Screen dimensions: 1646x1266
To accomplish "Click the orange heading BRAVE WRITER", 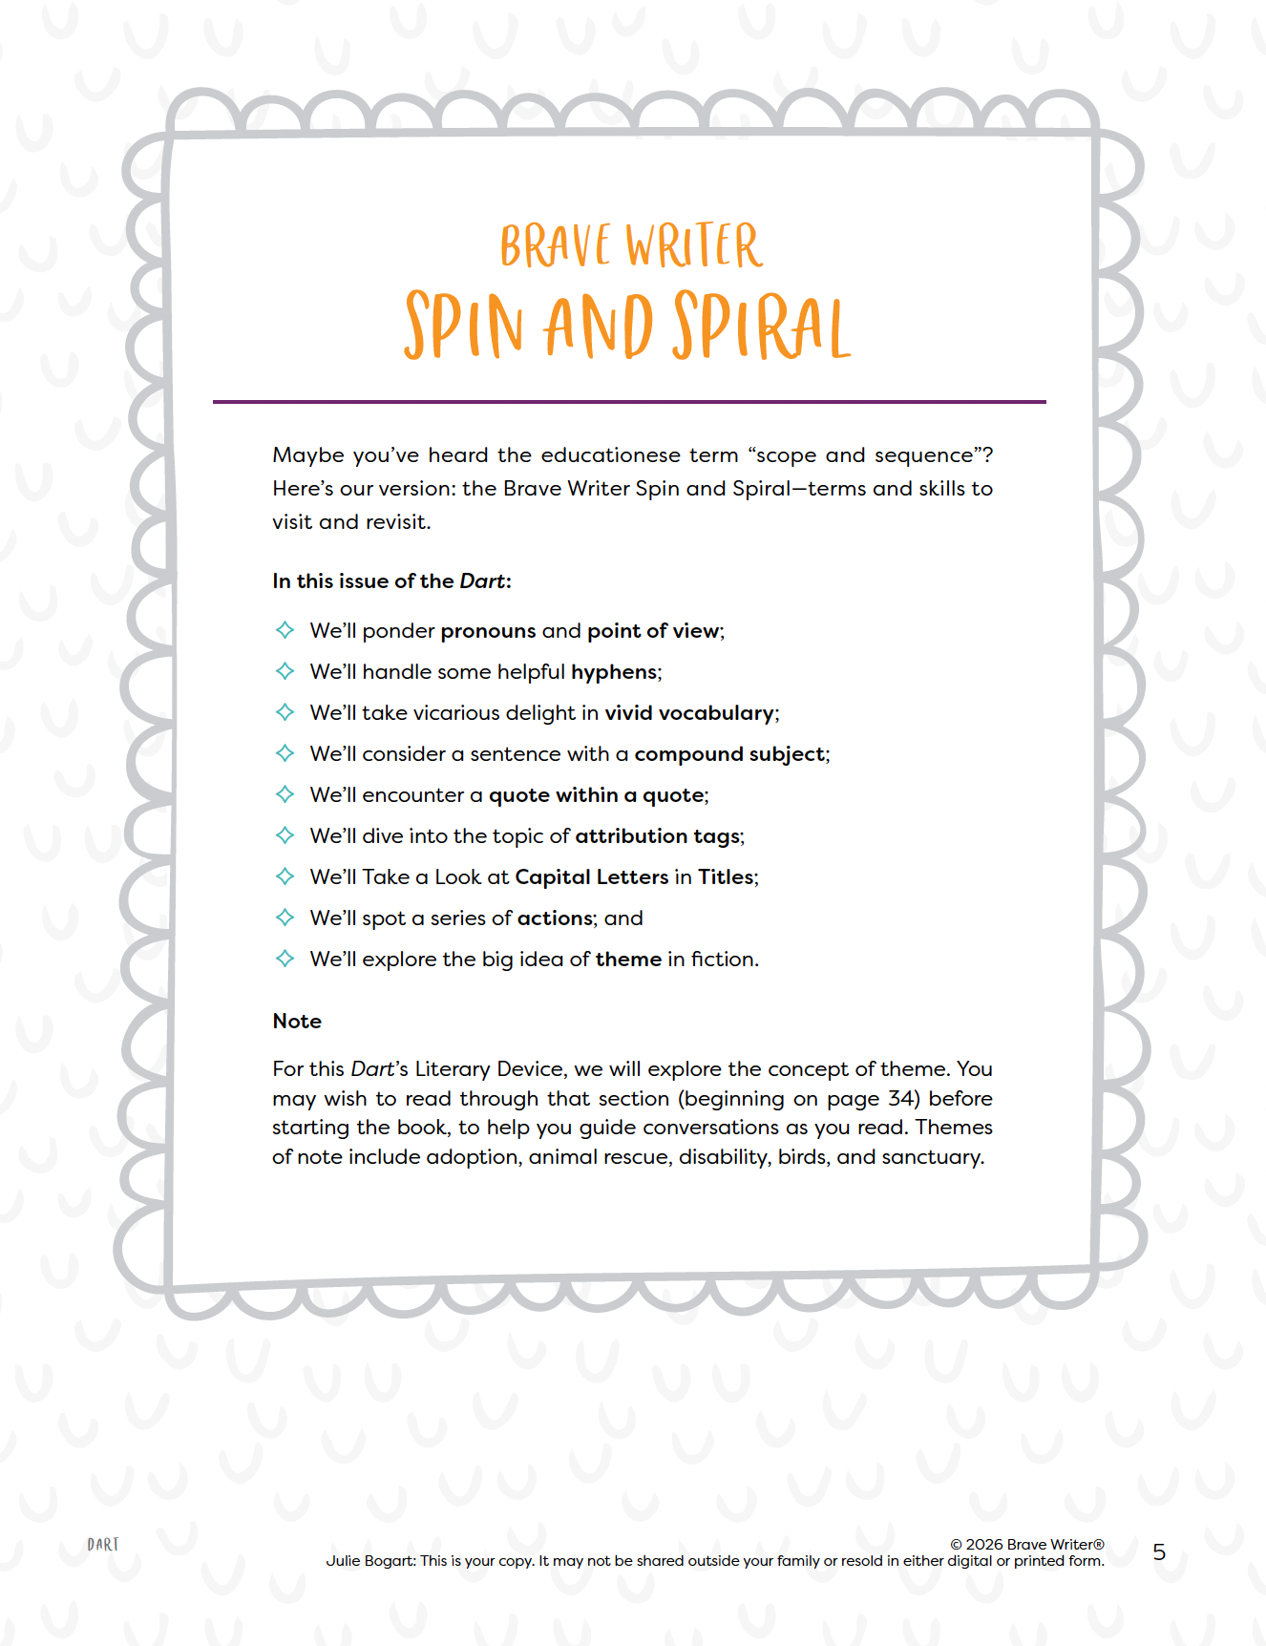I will point(631,246).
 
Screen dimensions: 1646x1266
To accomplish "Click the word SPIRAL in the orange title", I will point(761,327).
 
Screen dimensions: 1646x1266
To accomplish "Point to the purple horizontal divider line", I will point(629,402).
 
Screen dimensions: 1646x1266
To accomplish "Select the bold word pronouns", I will point(488,631).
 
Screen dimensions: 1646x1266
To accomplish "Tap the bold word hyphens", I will point(614,672).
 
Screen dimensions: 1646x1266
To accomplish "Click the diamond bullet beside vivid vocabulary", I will point(285,712).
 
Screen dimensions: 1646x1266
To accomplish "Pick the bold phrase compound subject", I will point(729,754).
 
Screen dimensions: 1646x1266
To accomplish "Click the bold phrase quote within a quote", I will point(597,795).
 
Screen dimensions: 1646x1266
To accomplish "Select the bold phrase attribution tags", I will point(657,836).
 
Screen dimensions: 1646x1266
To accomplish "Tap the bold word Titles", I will point(726,877).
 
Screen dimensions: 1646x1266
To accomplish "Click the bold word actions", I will point(556,918).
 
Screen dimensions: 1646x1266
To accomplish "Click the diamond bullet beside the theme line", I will point(285,959).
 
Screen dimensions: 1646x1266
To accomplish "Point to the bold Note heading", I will point(297,1022).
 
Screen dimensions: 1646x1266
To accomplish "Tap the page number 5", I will point(1159,1552).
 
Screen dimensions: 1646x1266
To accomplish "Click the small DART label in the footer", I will point(103,1545).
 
